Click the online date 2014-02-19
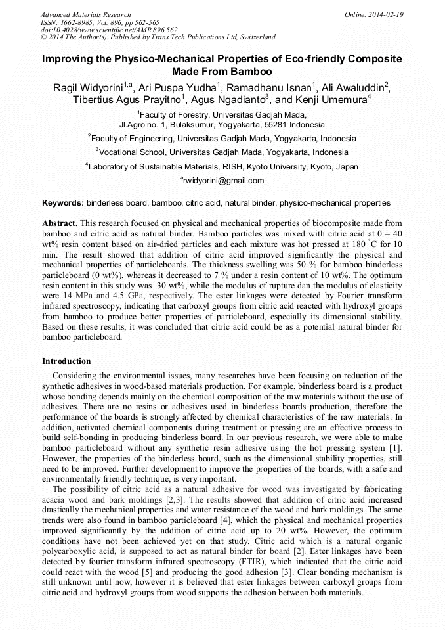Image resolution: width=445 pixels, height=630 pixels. (x=387, y=14)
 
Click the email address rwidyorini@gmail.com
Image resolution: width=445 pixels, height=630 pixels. (x=224, y=181)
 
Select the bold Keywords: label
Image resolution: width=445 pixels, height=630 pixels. (x=63, y=203)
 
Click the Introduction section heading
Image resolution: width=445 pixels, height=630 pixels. (x=66, y=361)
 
